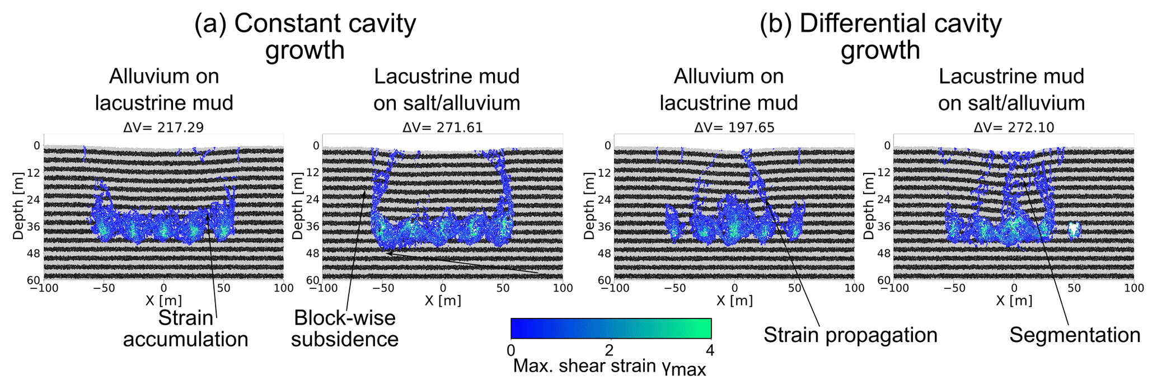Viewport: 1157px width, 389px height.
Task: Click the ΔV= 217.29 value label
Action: [163, 128]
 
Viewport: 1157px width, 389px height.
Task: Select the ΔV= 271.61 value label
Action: [442, 128]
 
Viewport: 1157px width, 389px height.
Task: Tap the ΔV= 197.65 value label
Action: [734, 128]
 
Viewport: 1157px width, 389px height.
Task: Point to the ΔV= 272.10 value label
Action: [1014, 128]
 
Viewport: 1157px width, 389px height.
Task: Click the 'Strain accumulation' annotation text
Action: [185, 329]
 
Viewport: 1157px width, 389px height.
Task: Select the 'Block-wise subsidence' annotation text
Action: [345, 329]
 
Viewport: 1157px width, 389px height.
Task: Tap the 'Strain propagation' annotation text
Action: [850, 335]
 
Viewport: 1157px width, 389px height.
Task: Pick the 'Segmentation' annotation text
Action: [1075, 335]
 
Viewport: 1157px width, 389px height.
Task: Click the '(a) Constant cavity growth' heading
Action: [305, 36]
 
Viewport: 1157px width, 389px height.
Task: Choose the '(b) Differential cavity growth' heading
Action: [880, 36]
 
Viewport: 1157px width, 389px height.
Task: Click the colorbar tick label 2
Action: [610, 351]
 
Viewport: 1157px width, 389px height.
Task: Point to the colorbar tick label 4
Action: [710, 351]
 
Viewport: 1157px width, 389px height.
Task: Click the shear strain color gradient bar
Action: [611, 329]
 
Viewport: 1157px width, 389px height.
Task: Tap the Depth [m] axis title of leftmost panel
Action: [18, 207]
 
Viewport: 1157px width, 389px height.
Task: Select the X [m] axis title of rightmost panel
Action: [1014, 301]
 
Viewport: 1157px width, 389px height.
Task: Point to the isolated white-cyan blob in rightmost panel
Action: [1074, 229]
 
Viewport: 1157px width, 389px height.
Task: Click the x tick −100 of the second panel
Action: [322, 288]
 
